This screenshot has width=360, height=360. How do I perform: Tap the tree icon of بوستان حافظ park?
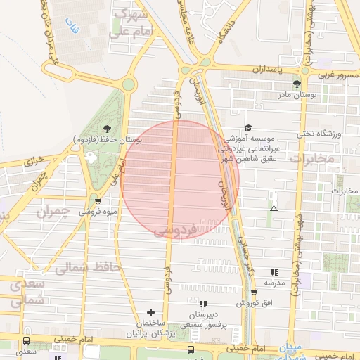tap(107, 128)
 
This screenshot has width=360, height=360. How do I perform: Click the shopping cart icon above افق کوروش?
tap(254, 292)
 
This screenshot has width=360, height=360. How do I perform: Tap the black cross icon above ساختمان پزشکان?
tap(150, 311)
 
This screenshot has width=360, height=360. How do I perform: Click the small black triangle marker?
tap(274, 209)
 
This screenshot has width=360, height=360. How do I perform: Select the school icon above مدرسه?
tap(274, 271)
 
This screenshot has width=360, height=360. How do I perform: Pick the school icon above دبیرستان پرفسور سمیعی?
tap(203, 304)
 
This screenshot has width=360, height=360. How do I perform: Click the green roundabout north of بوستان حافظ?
tap(128, 85)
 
